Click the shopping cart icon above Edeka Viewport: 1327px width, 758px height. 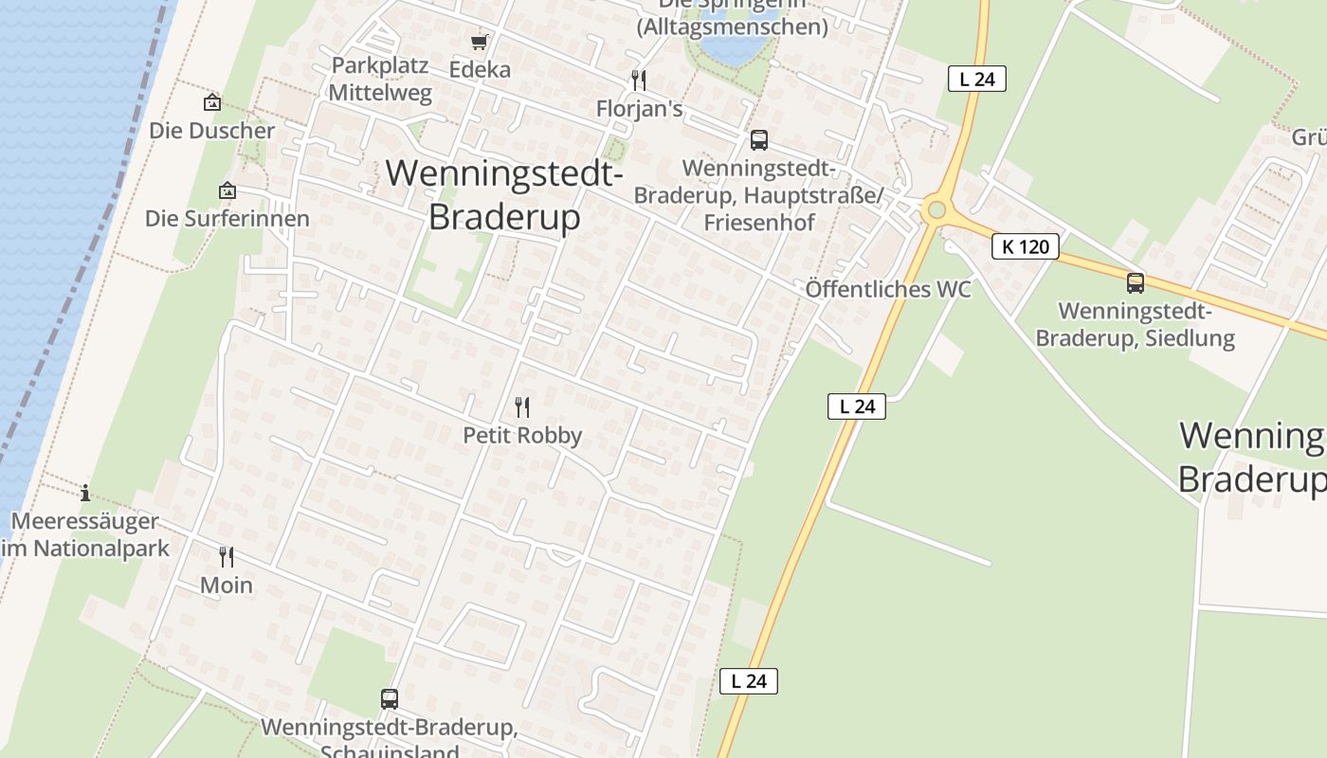click(479, 42)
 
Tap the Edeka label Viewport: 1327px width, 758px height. click(480, 69)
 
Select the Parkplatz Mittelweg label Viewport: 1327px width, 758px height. click(380, 80)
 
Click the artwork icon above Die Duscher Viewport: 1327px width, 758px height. click(212, 102)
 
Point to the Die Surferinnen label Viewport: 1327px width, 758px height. click(227, 219)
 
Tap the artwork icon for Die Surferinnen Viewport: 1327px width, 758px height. click(227, 191)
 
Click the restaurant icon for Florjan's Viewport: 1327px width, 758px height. click(639, 81)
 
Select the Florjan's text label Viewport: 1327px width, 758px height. click(639, 109)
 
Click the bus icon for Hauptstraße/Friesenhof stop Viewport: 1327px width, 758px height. click(758, 140)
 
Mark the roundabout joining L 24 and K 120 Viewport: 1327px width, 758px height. click(936, 209)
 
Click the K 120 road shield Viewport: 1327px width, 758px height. click(1025, 247)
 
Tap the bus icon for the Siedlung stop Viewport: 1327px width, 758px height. click(1135, 282)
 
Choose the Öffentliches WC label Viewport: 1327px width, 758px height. click(888, 290)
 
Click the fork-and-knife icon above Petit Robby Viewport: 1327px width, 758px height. click(522, 407)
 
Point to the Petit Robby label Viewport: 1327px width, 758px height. click(522, 435)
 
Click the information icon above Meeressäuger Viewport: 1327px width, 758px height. click(85, 493)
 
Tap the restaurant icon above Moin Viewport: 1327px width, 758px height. click(227, 556)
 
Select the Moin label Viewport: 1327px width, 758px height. click(227, 585)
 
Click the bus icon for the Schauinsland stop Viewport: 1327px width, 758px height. click(390, 699)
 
